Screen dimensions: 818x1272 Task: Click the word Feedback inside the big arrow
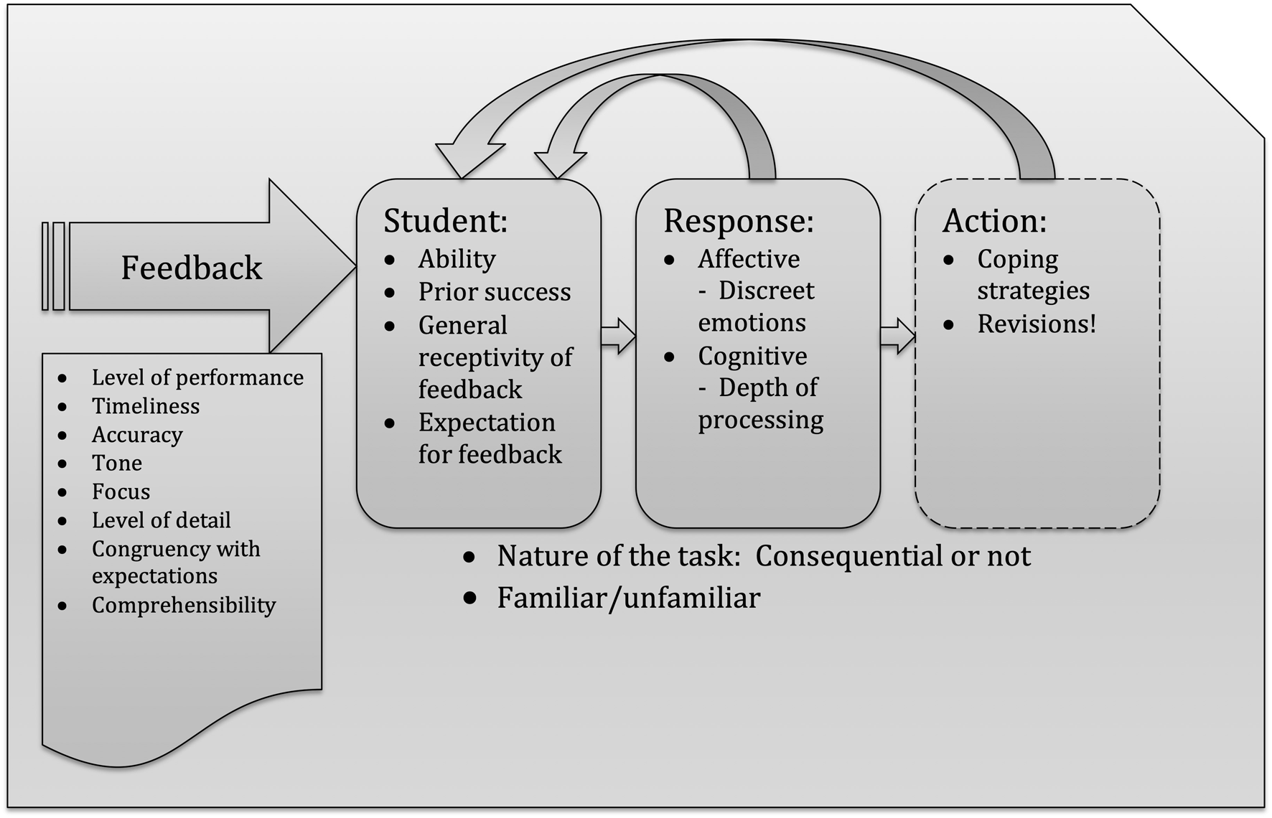(x=192, y=268)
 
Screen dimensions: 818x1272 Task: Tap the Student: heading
(x=445, y=220)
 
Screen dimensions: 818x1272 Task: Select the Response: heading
(x=738, y=220)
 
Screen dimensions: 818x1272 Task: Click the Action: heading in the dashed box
(x=994, y=220)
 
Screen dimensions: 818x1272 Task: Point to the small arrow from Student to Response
(x=618, y=336)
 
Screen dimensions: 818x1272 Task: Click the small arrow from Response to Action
(x=897, y=336)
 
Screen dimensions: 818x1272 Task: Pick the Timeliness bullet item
(x=146, y=406)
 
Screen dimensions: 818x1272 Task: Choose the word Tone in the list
(x=117, y=464)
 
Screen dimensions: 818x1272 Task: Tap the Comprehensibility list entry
(x=184, y=605)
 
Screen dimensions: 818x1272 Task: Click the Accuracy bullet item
(x=137, y=435)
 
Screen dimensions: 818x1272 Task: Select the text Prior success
(x=495, y=292)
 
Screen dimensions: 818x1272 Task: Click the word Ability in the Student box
(x=457, y=259)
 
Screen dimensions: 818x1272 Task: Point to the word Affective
(x=749, y=259)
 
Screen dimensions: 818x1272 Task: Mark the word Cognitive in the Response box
(x=752, y=356)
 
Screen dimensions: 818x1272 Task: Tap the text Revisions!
(x=1037, y=324)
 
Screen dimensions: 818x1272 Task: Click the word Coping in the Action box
(x=1017, y=259)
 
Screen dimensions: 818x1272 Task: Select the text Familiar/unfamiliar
(x=628, y=598)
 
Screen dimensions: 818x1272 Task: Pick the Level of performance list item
(x=197, y=377)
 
